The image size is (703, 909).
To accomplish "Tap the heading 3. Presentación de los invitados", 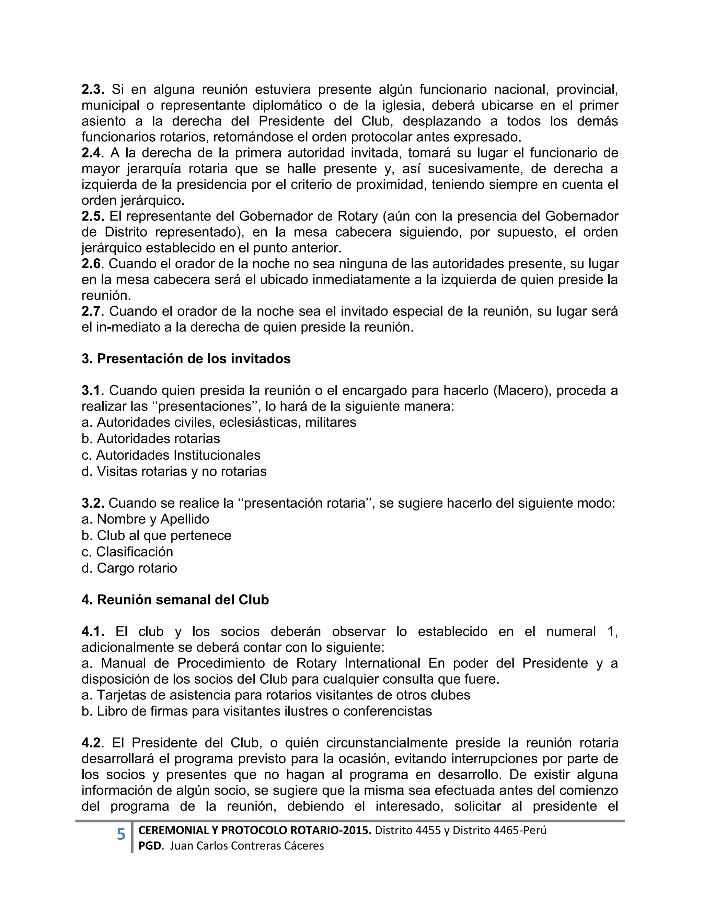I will [x=186, y=359].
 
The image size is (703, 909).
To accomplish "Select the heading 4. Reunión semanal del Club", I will [x=175, y=600].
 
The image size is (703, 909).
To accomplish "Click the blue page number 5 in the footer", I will [x=121, y=835].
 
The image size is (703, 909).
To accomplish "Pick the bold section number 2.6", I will [x=91, y=264].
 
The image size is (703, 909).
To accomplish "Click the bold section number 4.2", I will [x=91, y=743].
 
